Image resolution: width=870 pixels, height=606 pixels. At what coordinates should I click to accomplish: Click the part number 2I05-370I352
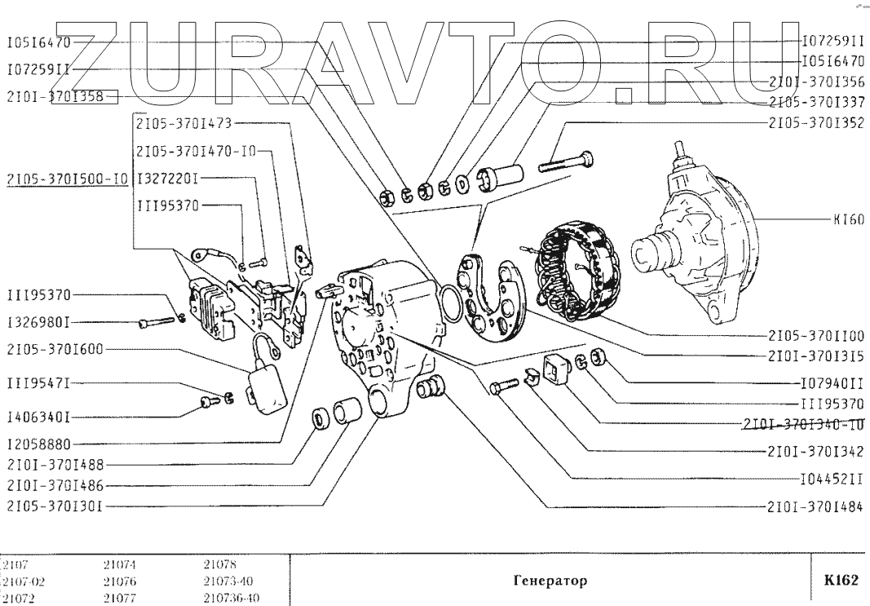tap(815, 123)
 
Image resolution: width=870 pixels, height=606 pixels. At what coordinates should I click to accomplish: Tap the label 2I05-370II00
tap(815, 335)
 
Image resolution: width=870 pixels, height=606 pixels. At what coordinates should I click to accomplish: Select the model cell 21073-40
tap(231, 582)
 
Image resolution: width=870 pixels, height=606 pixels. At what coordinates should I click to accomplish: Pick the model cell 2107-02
tap(20, 582)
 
